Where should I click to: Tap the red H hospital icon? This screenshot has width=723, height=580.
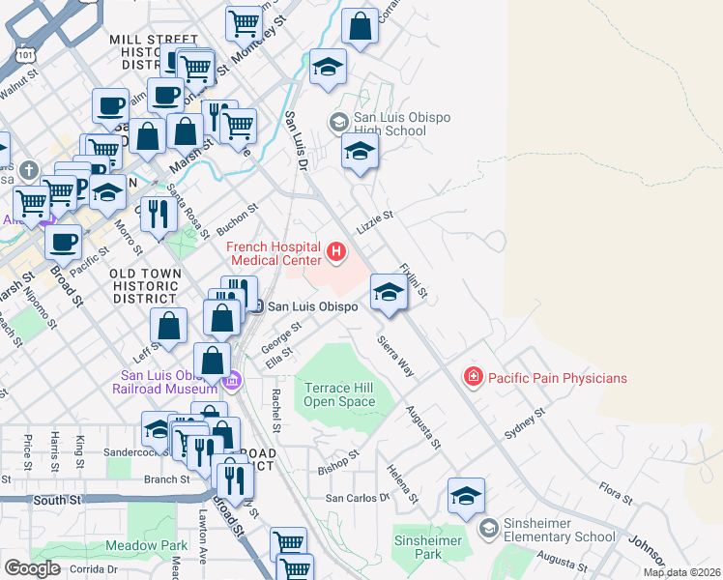coord(336,253)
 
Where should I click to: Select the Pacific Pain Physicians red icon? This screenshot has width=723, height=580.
coord(474,377)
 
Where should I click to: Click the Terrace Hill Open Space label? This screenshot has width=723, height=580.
coord(339,394)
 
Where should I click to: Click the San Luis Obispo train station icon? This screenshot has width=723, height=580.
coord(257,305)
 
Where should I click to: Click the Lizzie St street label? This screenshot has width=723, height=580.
coord(376,221)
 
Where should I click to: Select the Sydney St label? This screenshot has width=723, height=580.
coord(526,424)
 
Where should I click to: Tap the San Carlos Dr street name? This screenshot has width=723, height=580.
coord(356,498)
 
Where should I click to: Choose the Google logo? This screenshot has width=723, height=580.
coord(32,568)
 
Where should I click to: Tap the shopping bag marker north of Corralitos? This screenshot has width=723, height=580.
coord(361,27)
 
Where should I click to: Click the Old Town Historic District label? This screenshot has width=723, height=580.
coord(146,286)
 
